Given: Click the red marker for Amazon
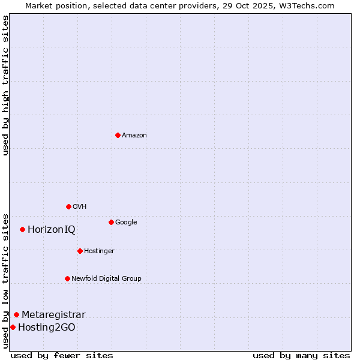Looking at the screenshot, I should [x=118, y=135].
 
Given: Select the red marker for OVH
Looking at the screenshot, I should [x=68, y=206].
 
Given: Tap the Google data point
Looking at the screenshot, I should [x=111, y=222].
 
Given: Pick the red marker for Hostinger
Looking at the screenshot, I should [x=80, y=251].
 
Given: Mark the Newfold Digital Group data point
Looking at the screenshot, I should [x=67, y=278].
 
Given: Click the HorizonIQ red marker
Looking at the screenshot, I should [x=22, y=229].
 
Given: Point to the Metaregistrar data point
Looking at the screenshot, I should [x=16, y=314].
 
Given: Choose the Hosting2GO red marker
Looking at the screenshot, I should [x=13, y=327].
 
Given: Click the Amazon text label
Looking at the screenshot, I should [x=134, y=135].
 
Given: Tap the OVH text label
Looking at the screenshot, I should [x=80, y=206].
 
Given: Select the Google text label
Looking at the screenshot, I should [x=126, y=222].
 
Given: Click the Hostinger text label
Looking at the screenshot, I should [x=99, y=251].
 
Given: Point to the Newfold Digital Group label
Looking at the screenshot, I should [x=106, y=278].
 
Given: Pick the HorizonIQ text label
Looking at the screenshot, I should [x=52, y=229].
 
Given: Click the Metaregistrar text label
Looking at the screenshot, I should [x=53, y=314].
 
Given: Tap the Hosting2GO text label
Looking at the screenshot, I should [x=47, y=327].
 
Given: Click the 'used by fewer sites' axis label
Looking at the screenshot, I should [x=62, y=355].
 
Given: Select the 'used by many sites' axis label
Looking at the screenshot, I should [x=301, y=355].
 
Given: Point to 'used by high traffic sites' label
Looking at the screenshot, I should [x=5, y=85].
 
